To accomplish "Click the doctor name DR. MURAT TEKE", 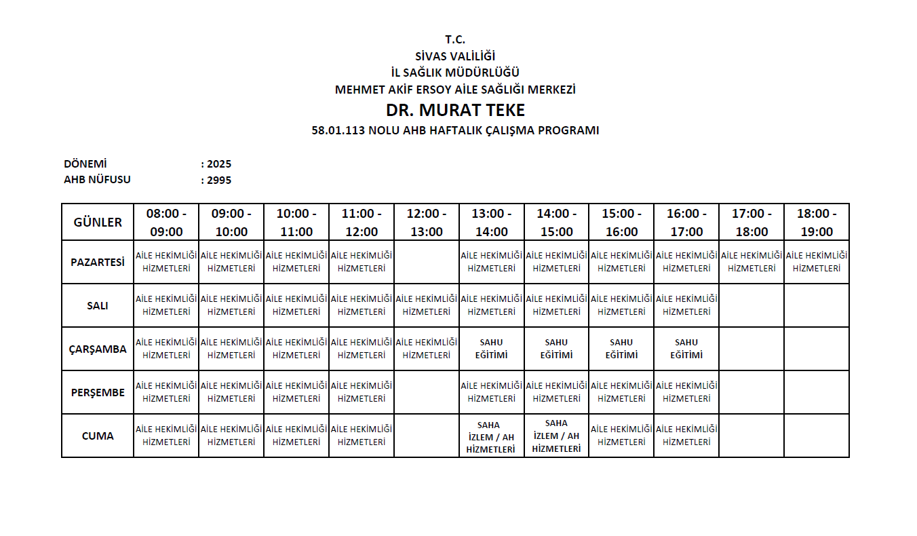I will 455,110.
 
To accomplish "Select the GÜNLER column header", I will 98,223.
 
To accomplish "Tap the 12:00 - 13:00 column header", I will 427,223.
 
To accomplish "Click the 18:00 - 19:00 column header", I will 817,223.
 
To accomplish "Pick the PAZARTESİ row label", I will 98,262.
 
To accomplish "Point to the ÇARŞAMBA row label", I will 98,349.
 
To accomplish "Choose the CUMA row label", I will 98,436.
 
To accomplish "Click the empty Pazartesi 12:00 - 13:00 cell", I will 427,262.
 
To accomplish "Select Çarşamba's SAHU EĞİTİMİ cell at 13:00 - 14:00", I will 492,349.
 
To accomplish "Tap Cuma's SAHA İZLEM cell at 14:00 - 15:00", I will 556,436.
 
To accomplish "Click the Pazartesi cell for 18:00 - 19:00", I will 817,262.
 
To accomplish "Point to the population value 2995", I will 219,180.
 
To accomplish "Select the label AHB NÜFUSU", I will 97,180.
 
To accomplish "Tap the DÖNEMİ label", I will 85,164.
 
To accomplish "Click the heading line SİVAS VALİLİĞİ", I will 455,56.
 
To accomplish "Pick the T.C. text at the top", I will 455,39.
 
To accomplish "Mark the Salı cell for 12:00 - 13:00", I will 427,305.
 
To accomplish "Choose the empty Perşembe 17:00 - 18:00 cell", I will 752,392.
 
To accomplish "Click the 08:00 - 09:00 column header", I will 166,223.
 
